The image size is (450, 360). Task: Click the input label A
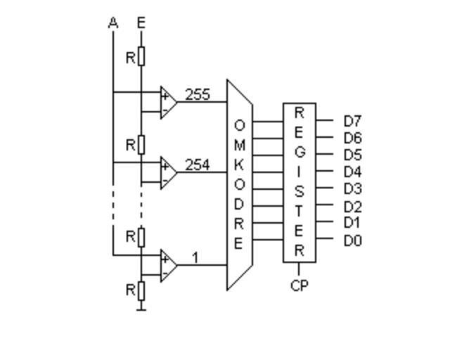pyautogui.click(x=113, y=23)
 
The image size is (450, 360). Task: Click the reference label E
pyautogui.click(x=141, y=23)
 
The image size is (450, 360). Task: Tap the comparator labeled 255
pyautogui.click(x=168, y=102)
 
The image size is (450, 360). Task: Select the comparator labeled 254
pyautogui.click(x=168, y=172)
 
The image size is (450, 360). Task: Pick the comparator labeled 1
pyautogui.click(x=168, y=265)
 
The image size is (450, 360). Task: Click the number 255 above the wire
pyautogui.click(x=197, y=94)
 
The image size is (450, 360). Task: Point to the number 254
pyautogui.click(x=197, y=165)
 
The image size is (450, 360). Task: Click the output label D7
pyautogui.click(x=352, y=122)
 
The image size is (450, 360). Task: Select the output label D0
pyautogui.click(x=352, y=241)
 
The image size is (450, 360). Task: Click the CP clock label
pyautogui.click(x=299, y=286)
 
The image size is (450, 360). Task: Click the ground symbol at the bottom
pyautogui.click(x=141, y=307)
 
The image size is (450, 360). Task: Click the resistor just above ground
pyautogui.click(x=141, y=289)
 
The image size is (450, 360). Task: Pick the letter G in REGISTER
pyautogui.click(x=299, y=151)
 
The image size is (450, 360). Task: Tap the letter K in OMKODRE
pyautogui.click(x=239, y=166)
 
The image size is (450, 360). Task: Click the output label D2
pyautogui.click(x=352, y=207)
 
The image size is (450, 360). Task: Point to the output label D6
pyautogui.click(x=352, y=139)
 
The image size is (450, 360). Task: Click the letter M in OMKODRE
pyautogui.click(x=239, y=146)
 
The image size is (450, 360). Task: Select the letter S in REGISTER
pyautogui.click(x=299, y=191)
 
